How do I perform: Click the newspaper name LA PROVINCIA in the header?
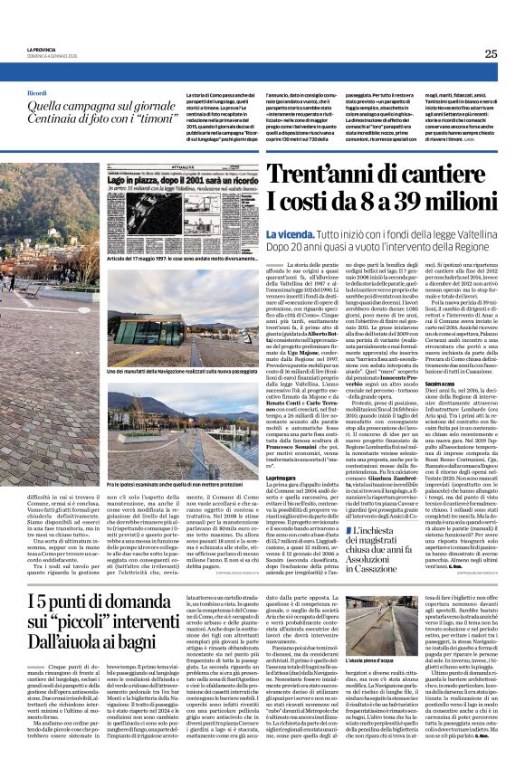click(x=41, y=50)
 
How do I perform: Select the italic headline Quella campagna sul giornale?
click(x=100, y=107)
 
